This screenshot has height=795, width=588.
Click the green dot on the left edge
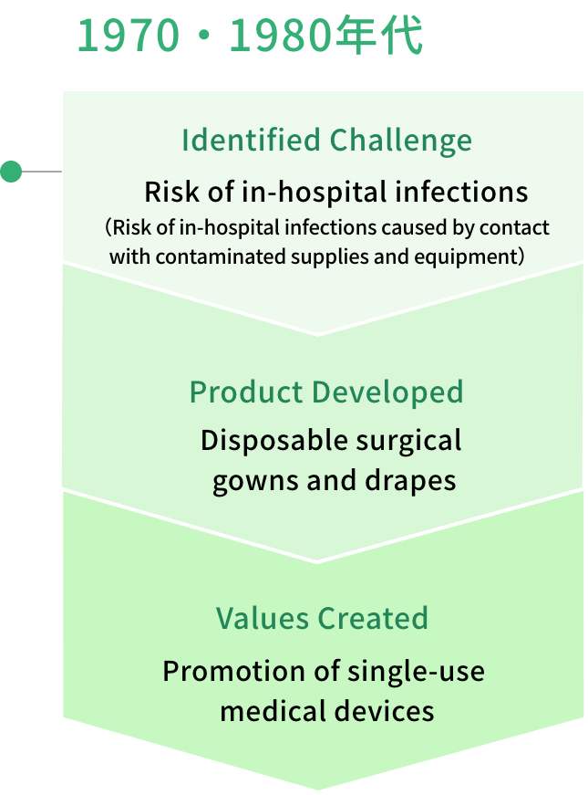point(11,172)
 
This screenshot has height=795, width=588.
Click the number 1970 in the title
point(129,37)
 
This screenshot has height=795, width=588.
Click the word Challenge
point(400,141)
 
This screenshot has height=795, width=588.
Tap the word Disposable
point(274,441)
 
